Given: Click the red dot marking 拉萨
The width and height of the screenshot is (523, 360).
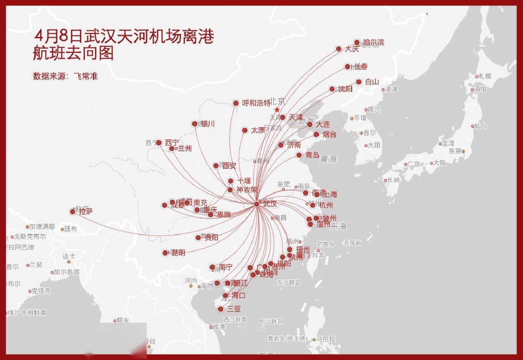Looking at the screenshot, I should coord(73,211).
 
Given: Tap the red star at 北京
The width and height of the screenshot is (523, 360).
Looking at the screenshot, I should coord(277,110).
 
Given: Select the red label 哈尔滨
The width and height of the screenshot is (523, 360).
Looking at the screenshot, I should coord(373,43).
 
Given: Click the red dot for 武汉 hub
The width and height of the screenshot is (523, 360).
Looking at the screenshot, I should coord(257,204).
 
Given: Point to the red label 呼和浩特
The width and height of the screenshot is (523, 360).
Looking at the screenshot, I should coord(256,103).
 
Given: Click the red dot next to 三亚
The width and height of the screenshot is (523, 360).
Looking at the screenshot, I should coord(221,309).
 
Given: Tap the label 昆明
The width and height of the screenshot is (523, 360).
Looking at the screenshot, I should coord(178,253).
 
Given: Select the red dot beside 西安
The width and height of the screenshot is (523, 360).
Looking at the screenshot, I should coord(216,165).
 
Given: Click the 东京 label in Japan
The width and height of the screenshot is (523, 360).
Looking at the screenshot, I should coord(455,151).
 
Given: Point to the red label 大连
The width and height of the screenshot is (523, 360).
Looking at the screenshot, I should coord(323,124).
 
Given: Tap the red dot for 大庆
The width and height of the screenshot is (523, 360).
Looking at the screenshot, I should coord(339,49).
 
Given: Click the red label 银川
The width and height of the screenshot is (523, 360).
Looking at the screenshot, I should coord(208,124).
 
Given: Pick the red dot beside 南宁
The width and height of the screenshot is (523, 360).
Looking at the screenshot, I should coord(212,267).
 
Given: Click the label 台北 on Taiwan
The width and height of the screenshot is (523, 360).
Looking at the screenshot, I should coord(318,255).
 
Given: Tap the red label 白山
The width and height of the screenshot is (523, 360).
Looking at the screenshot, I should coord(372,82).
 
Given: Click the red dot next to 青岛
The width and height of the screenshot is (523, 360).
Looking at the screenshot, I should coord(299,155).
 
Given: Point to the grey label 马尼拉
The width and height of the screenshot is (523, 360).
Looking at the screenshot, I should coord(325,339).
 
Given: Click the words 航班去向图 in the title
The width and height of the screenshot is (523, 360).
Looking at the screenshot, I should coord(73,53).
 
